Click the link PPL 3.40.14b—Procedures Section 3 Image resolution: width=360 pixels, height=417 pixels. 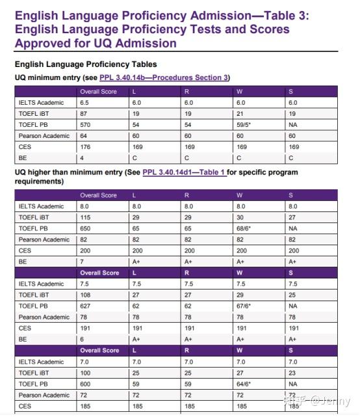164,77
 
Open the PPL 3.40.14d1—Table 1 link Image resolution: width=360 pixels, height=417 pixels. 184,172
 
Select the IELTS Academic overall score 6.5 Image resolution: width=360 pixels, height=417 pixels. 84,103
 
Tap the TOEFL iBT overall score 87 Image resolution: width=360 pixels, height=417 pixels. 84,114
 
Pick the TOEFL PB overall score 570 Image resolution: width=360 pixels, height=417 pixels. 85,125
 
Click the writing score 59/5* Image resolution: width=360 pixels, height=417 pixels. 244,125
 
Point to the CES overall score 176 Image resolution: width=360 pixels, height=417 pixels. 85,147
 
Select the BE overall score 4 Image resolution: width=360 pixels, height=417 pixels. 82,158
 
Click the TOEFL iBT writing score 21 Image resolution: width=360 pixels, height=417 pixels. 240,114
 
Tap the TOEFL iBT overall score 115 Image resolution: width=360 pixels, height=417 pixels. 85,217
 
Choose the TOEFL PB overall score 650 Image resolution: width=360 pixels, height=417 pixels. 85,228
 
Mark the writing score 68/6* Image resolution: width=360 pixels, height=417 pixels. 244,228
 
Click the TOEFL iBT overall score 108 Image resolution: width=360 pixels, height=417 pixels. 85,295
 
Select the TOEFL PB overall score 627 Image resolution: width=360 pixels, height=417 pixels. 85,306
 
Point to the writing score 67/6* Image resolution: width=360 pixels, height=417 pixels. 244,306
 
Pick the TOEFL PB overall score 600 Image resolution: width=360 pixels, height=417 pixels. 85,384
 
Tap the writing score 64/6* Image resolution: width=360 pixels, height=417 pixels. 244,384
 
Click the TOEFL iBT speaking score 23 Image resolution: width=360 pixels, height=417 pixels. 292,373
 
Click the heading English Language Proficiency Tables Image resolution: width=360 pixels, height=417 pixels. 86,64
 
